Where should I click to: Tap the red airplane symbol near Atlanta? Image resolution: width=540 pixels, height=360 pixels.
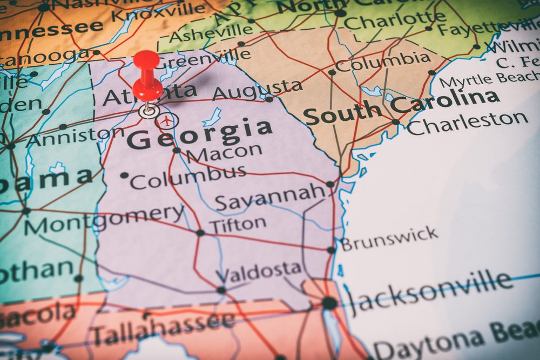167,121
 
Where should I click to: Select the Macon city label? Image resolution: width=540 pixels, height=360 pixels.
224,153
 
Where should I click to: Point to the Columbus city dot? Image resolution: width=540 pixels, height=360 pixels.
124,175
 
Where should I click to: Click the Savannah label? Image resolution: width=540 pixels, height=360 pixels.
270,198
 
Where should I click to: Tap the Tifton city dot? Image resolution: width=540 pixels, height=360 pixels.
200,233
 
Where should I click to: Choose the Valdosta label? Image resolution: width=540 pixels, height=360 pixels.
259,271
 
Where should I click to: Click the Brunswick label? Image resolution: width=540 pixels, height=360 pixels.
389,239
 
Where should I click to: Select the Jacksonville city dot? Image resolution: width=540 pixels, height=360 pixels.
329,303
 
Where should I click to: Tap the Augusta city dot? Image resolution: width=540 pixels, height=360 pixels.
269,99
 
